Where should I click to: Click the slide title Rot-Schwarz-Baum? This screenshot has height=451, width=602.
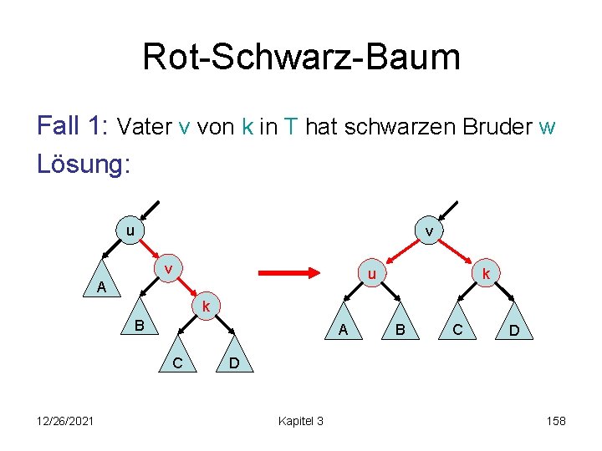[x=301, y=58]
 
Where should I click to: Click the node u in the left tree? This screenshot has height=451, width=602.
[x=130, y=230]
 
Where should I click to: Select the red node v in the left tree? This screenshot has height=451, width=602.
[x=169, y=269]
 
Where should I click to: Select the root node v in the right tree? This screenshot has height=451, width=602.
[x=429, y=231]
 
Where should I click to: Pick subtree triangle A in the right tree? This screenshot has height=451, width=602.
[x=344, y=330]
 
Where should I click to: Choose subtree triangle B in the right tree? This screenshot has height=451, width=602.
[x=400, y=330]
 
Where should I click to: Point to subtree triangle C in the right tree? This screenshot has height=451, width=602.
[x=457, y=330]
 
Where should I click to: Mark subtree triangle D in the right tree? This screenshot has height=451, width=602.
[x=513, y=332]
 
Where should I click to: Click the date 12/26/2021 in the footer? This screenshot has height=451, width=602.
[x=66, y=421]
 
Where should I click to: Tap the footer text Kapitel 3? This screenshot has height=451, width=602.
[x=300, y=421]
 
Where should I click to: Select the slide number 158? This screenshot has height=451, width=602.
[x=556, y=421]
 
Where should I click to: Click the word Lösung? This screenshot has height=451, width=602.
[x=81, y=164]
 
